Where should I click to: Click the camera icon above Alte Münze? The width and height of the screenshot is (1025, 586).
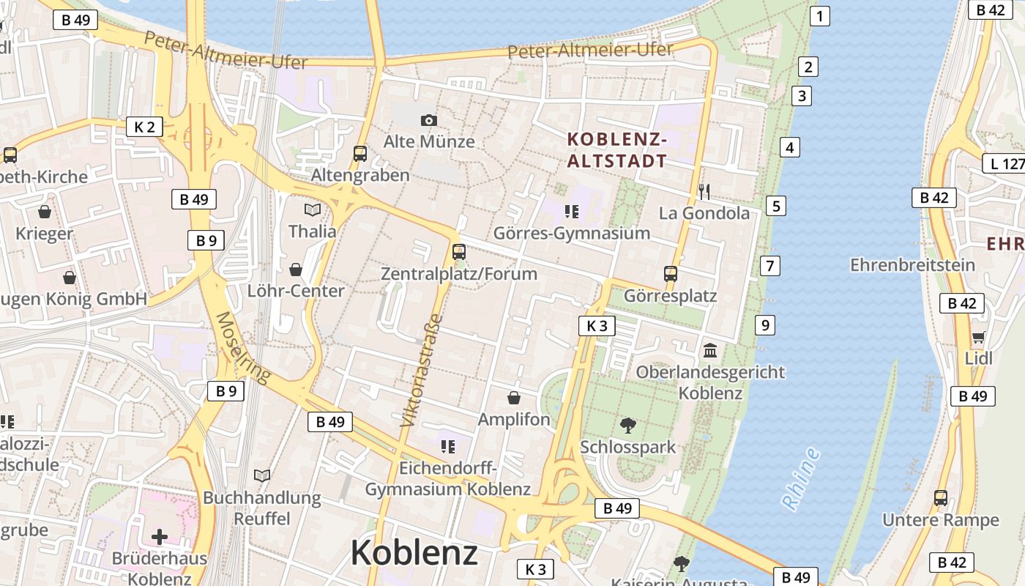tap(429, 120)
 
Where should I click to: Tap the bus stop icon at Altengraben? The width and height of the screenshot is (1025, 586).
tap(360, 153)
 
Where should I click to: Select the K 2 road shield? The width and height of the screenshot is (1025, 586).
tap(144, 127)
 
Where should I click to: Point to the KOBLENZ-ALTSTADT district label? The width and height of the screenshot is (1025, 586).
tap(617, 150)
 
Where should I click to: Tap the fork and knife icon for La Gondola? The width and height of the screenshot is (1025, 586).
tap(704, 192)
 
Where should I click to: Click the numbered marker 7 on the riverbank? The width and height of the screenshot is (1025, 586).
tap(769, 265)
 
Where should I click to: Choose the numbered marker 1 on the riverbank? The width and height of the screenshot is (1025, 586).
tap(819, 16)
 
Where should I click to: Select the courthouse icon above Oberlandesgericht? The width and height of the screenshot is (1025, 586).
tap(710, 351)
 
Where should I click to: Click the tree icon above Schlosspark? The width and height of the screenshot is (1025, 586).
tap(627, 425)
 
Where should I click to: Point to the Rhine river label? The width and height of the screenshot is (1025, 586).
tap(800, 478)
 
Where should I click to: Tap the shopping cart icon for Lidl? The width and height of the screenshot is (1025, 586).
tap(978, 337)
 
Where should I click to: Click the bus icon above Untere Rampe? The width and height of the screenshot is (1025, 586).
tap(941, 498)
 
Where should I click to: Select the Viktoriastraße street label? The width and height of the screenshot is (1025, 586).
tap(421, 371)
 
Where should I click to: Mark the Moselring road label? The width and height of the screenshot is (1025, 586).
tap(242, 347)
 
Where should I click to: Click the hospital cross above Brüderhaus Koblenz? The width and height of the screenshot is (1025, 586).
tap(159, 537)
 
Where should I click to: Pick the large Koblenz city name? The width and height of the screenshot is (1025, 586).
tap(414, 553)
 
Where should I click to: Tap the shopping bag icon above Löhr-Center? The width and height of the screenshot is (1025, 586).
tap(296, 270)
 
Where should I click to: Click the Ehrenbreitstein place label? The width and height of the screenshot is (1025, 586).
tap(912, 264)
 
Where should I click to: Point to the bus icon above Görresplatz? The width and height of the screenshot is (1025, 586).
tap(670, 274)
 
